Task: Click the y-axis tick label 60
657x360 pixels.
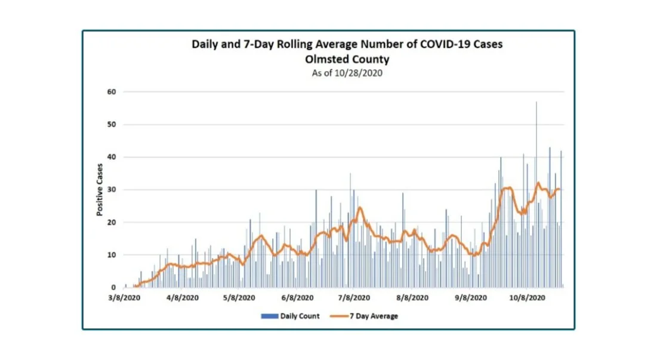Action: pyautogui.click(x=111, y=92)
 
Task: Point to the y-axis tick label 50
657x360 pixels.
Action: pyautogui.click(x=111, y=125)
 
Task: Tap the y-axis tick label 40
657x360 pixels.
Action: pyautogui.click(x=111, y=157)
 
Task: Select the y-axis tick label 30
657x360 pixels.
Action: pyautogui.click(x=111, y=190)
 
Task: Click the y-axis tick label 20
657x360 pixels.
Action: pyautogui.click(x=111, y=223)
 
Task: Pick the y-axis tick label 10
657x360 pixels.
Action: pyautogui.click(x=111, y=255)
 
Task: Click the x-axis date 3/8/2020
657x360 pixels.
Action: pyautogui.click(x=125, y=297)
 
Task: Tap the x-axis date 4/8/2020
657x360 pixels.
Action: pyautogui.click(x=183, y=297)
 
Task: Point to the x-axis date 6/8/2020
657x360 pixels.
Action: pyautogui.click(x=298, y=297)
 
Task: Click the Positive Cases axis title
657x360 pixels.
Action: pyautogui.click(x=100, y=190)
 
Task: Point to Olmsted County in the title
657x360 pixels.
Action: pyautogui.click(x=347, y=59)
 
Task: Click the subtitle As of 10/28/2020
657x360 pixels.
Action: pyautogui.click(x=347, y=73)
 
